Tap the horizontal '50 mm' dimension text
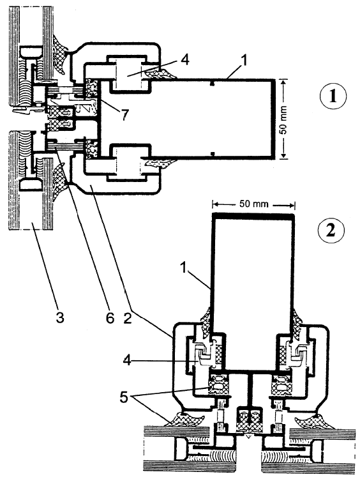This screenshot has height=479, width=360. pyautogui.click(x=253, y=204)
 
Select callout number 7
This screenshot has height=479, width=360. pyautogui.click(x=124, y=115)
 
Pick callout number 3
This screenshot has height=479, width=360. pyautogui.click(x=60, y=317)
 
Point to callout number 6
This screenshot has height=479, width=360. pyautogui.click(x=109, y=317)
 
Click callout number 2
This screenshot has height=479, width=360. pyautogui.click(x=127, y=317)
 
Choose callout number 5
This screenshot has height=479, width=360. pyautogui.click(x=123, y=398)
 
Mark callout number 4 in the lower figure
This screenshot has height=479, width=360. pyautogui.click(x=128, y=360)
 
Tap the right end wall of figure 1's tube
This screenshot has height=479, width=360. pyautogui.click(x=274, y=119)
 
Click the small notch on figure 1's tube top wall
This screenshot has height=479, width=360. pyautogui.click(x=213, y=83)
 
